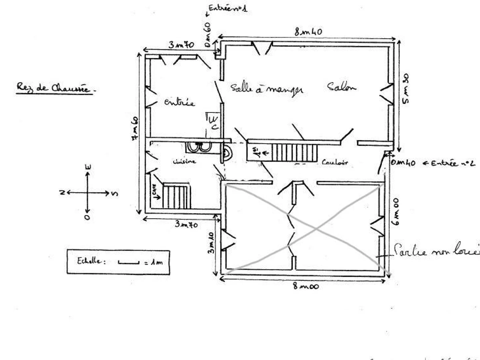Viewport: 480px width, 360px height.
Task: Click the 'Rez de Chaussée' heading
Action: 54,88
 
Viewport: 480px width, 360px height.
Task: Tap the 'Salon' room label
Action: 341,87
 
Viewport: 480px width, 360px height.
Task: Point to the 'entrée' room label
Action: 180,102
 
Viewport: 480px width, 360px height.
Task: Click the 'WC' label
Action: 213,122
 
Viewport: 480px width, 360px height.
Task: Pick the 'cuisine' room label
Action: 184,162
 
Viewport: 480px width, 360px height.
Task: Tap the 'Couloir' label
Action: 335,162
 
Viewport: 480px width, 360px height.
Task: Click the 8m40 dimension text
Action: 308,32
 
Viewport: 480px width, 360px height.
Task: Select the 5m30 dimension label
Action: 405,89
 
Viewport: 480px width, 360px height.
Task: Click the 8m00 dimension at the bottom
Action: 306,286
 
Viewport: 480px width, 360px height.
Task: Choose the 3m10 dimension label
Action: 212,242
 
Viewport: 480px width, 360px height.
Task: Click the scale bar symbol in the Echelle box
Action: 128,262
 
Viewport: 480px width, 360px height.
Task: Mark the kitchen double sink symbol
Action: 199,147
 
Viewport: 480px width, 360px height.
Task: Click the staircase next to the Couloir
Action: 294,152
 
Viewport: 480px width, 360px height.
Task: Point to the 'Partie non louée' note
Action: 436,251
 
